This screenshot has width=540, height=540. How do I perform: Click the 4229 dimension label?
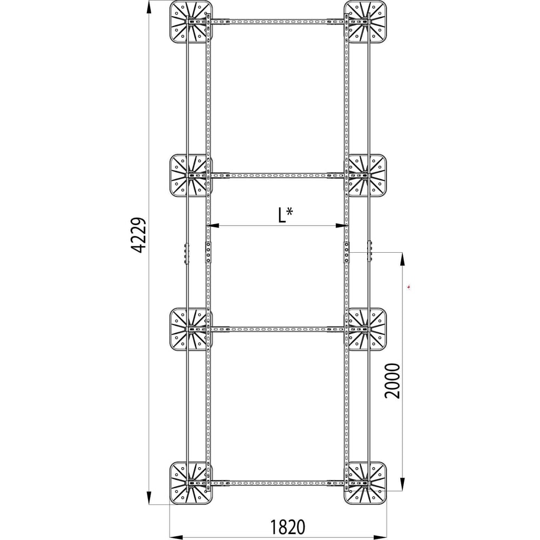140,235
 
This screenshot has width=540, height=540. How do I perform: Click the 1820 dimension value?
287,527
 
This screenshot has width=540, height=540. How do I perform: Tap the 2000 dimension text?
393,381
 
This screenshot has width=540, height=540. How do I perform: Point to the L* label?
285,215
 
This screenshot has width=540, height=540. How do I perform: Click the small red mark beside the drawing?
408,287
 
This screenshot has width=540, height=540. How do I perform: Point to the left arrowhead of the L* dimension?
213,226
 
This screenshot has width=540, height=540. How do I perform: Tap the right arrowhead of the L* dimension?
341,226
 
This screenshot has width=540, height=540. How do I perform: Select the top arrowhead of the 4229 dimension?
149,7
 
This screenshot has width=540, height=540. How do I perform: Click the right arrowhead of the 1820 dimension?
380,537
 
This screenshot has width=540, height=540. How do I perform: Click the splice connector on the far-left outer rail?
187,253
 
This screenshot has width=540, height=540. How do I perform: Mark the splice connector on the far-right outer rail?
370,251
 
